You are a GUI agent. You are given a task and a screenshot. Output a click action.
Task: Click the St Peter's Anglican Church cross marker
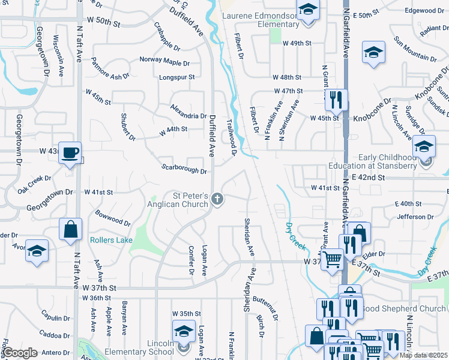(x=217, y=199)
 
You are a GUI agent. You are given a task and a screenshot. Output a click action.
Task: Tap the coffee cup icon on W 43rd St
(x=71, y=154)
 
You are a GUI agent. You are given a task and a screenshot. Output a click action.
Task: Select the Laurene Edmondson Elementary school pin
(x=308, y=11)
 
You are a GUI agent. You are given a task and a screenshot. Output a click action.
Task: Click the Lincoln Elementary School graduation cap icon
(x=184, y=331)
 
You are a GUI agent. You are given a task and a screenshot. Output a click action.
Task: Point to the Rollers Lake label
(x=111, y=240)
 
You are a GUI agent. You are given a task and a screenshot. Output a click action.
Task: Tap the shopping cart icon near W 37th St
(x=331, y=260)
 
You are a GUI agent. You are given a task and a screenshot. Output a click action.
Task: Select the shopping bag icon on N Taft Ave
(x=70, y=230)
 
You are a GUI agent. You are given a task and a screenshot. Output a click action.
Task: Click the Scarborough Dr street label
(x=184, y=170)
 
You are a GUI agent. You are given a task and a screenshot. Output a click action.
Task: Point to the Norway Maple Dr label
(x=164, y=61)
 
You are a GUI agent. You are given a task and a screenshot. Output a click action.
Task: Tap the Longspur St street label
(x=176, y=77)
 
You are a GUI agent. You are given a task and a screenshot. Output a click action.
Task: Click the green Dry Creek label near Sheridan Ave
(x=295, y=236)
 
